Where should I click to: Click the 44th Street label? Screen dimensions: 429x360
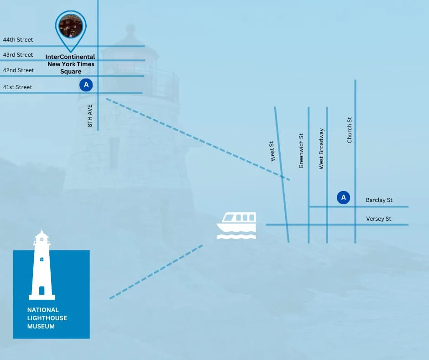point(18,40)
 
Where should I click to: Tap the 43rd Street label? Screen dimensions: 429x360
point(18,55)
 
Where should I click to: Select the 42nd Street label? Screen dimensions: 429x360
point(18,70)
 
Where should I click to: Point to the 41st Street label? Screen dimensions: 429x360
point(17,87)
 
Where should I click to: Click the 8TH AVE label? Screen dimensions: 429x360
point(90,116)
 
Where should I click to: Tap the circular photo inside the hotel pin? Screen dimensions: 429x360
point(71,26)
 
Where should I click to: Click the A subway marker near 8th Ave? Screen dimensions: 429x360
point(86,85)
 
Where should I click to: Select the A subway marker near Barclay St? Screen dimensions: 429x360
point(343,197)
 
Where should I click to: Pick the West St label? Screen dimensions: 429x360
point(272,151)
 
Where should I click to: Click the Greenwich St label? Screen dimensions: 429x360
point(301,151)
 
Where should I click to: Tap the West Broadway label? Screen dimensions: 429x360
point(321,149)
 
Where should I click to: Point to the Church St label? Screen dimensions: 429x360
point(350,130)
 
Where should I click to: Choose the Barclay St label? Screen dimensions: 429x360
point(379,200)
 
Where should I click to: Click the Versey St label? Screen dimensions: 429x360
point(379,219)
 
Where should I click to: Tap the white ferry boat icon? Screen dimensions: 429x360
point(236,226)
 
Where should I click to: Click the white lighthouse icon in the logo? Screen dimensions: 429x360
point(42,265)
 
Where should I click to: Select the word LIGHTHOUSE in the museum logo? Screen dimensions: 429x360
point(47,318)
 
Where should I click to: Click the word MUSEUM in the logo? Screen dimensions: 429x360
point(41,326)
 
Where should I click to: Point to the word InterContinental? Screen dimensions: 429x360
point(70,57)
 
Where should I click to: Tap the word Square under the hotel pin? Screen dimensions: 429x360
point(71,72)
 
